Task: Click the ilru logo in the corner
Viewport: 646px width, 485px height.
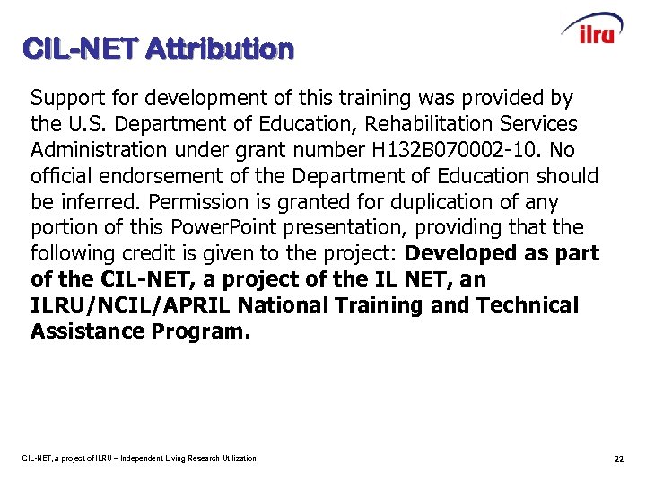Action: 592,30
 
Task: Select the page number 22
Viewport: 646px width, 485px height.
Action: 618,459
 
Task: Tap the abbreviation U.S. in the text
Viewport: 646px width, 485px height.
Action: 110,124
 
